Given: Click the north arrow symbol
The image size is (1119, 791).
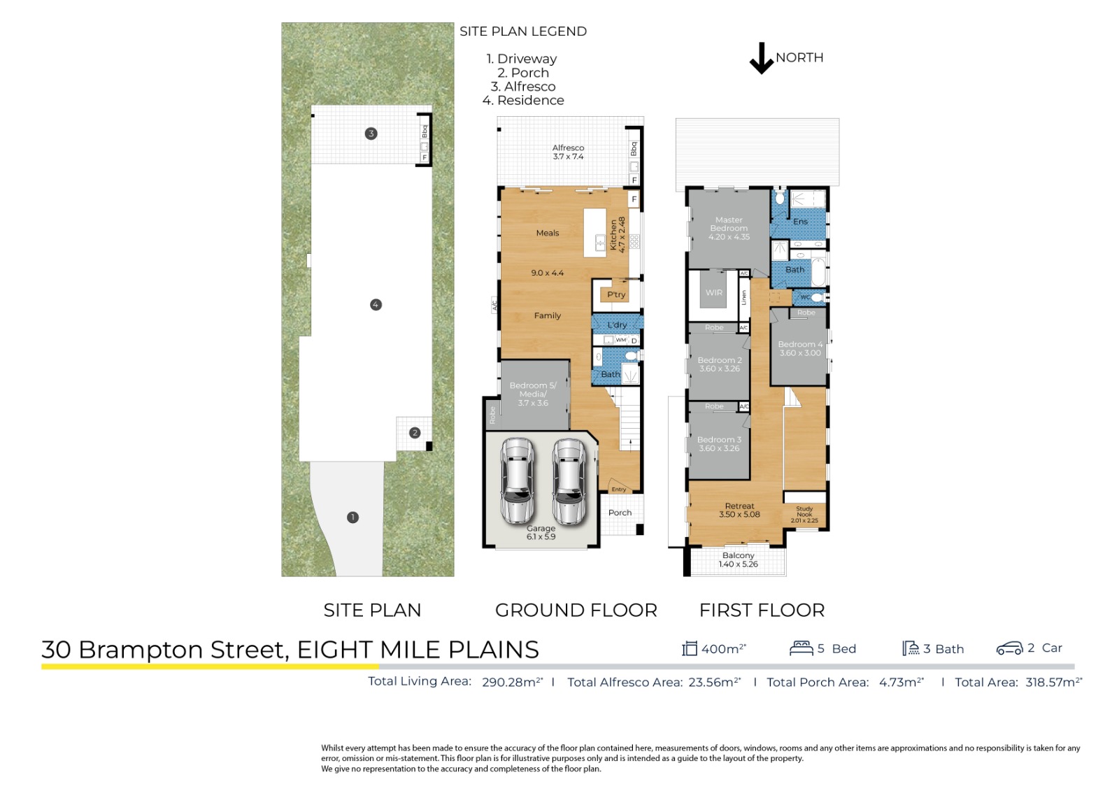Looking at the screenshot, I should (x=761, y=59).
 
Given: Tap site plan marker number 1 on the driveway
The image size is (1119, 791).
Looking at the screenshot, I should (x=352, y=518).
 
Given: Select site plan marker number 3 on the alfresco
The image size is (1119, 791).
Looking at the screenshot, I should (x=371, y=134).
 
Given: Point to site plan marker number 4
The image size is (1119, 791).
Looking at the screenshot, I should (x=376, y=304).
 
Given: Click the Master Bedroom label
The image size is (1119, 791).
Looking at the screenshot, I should (x=729, y=228).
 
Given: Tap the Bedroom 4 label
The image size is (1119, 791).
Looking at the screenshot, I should (x=801, y=348).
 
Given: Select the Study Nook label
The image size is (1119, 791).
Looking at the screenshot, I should (x=804, y=515).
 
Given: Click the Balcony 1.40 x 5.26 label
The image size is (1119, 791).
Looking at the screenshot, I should (x=739, y=560).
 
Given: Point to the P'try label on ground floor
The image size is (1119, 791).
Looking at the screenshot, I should (x=616, y=294).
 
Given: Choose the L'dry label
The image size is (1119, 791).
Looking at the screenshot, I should (x=617, y=325).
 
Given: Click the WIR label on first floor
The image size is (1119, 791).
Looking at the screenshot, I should (x=713, y=292).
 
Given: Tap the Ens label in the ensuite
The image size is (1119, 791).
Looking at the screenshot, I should (x=800, y=222).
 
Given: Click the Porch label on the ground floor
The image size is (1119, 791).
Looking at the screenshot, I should (x=620, y=513).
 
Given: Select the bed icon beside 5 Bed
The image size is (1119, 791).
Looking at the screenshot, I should (x=801, y=648).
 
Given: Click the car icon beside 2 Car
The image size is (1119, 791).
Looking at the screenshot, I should (x=1009, y=648).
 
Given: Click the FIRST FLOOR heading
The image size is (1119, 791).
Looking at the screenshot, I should (x=762, y=610).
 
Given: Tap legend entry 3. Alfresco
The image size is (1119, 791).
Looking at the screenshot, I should (x=523, y=86).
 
